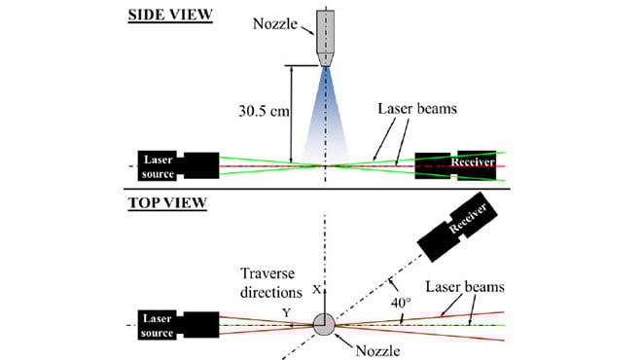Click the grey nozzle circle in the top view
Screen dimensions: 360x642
coord(325,324)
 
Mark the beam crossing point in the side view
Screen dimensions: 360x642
coord(326,165)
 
